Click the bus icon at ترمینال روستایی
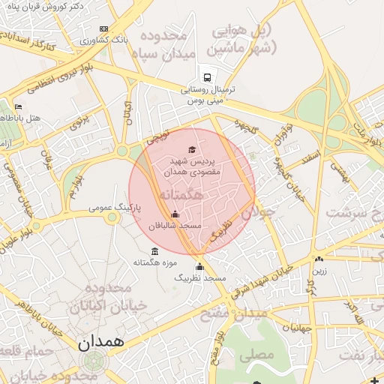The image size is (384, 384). click(x=206, y=77)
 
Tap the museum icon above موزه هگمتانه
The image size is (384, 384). click(x=154, y=251)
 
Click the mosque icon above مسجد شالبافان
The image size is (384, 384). click(x=175, y=214)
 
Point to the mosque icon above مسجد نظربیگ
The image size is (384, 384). click(x=199, y=267)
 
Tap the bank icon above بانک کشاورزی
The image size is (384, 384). click(x=103, y=29)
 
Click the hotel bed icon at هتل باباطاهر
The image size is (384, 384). click(x=18, y=107)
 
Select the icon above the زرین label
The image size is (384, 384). click(x=319, y=259)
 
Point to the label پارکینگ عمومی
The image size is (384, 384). click(x=112, y=205)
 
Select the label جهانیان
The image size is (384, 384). click(x=296, y=328)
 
